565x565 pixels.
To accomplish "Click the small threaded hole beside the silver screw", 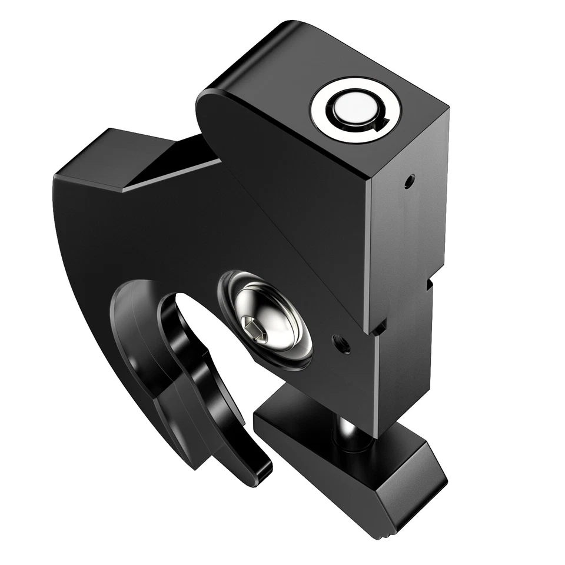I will [x=341, y=343].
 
